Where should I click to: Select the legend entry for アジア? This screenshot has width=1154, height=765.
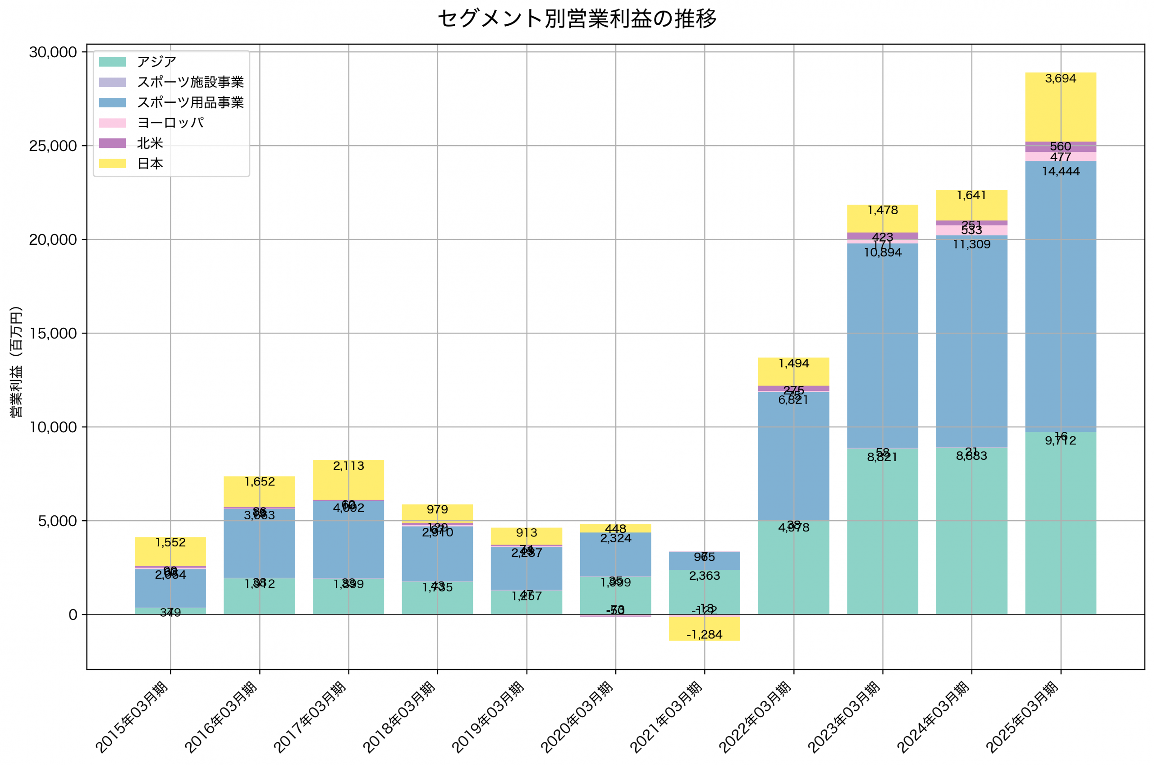[x=156, y=62]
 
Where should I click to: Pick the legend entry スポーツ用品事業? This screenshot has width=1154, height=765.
[x=190, y=102]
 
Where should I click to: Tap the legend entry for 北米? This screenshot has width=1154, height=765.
[x=150, y=143]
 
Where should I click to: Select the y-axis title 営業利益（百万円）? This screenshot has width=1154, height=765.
[x=16, y=362]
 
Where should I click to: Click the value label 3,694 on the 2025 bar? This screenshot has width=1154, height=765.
[x=1060, y=78]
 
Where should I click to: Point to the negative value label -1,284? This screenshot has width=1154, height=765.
[x=704, y=635]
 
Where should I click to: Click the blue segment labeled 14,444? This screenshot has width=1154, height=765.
[x=1060, y=293]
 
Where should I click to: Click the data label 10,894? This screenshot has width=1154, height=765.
[x=882, y=253]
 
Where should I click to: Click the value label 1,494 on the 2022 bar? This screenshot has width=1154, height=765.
[x=793, y=363]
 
